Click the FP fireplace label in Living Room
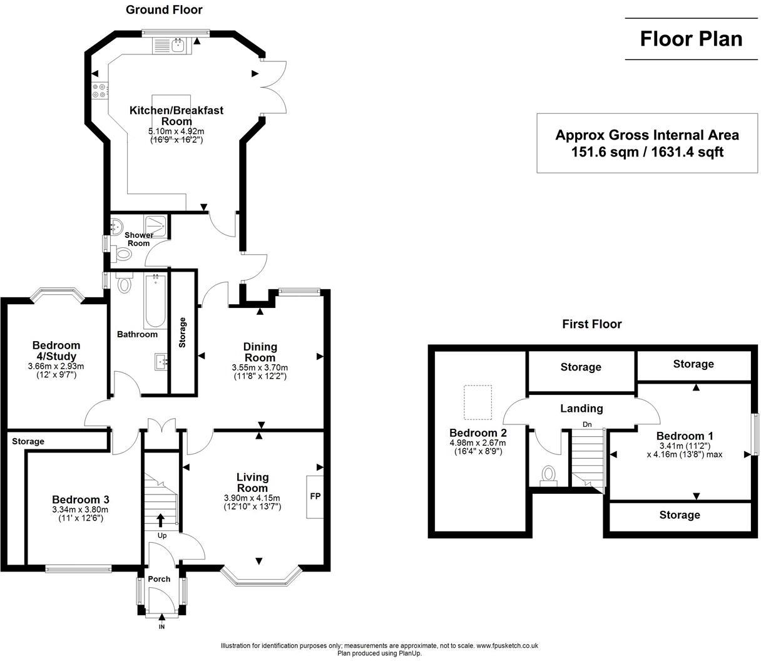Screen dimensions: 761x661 click(315, 496)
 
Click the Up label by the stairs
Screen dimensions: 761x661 click(162, 536)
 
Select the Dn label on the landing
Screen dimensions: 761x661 click(587, 424)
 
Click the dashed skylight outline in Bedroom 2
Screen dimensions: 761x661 click(478, 402)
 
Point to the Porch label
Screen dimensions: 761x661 click(159, 579)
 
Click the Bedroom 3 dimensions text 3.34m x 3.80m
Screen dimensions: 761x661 click(80, 510)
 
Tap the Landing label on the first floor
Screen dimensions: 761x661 click(582, 408)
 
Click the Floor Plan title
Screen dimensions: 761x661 click(691, 39)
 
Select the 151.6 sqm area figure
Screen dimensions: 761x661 click(605, 152)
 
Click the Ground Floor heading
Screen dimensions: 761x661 click(164, 9)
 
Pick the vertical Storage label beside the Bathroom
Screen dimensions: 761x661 click(182, 332)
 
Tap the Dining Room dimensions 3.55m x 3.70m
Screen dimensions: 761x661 click(260, 367)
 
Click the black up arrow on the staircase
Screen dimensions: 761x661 click(161, 520)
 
